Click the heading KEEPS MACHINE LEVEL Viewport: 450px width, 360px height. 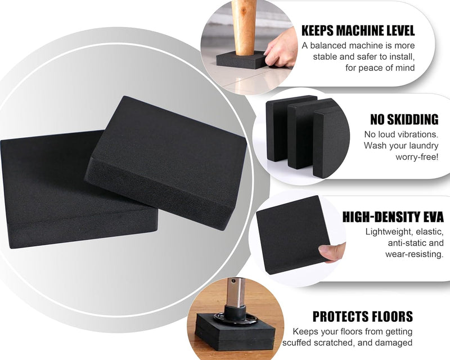tap(358, 30)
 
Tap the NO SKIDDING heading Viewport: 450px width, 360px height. tap(404, 119)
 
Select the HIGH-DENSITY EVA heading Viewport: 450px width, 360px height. tap(393, 217)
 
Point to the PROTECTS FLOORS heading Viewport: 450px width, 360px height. tap(362, 317)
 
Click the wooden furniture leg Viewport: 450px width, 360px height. tap(244, 27)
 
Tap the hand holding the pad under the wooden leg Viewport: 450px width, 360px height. tap(281, 49)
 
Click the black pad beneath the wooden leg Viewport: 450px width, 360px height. tap(242, 60)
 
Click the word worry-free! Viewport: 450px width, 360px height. tap(417, 157)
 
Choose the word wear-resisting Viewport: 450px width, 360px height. tap(415, 254)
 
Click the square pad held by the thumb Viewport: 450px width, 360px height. tap(292, 235)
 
